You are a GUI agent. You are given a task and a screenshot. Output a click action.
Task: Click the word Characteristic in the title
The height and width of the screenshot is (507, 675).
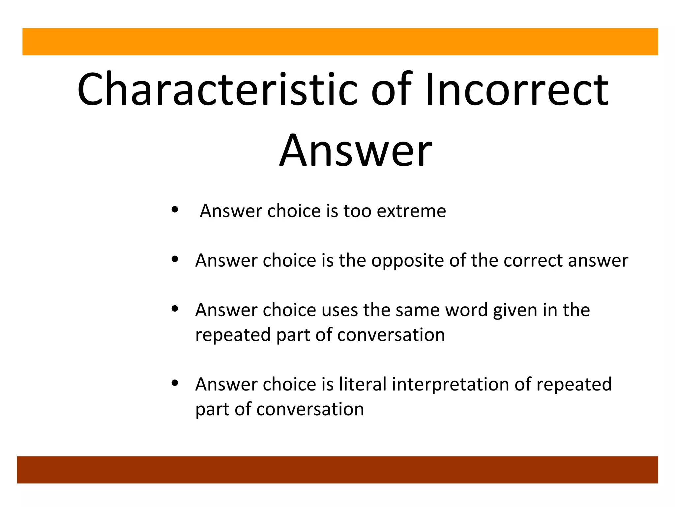pyautogui.click(x=217, y=89)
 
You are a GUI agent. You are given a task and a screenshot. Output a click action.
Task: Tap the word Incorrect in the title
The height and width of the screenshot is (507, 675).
pyautogui.click(x=516, y=89)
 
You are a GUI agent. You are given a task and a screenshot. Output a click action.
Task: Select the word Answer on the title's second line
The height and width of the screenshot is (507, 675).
pyautogui.click(x=356, y=150)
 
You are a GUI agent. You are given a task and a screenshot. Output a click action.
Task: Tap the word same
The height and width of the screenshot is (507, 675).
pyautogui.click(x=418, y=310)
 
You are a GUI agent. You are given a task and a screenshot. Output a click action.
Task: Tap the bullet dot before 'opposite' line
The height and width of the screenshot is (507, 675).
pyautogui.click(x=175, y=259)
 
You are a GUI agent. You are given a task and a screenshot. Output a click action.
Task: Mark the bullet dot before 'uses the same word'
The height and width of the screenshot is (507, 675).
pyautogui.click(x=175, y=309)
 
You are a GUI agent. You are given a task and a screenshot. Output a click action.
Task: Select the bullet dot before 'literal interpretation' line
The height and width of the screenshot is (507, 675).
pyautogui.click(x=175, y=383)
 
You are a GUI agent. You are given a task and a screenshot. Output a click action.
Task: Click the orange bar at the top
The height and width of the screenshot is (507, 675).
pyautogui.click(x=340, y=42)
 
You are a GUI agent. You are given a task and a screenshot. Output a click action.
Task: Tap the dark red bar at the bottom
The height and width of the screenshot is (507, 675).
pyautogui.click(x=337, y=470)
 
